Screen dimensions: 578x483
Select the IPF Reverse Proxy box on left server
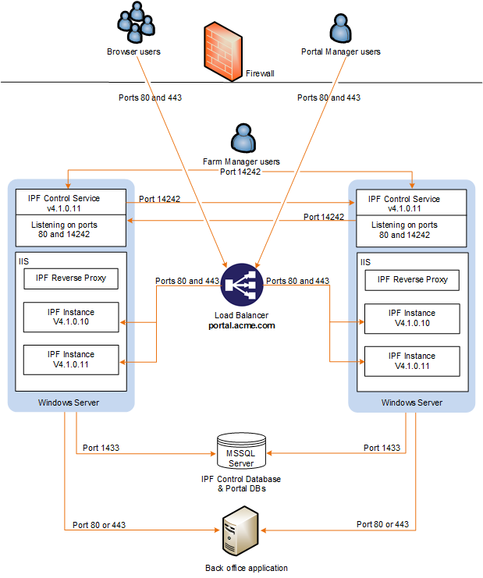tap(71, 278)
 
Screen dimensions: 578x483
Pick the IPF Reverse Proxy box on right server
tap(412, 279)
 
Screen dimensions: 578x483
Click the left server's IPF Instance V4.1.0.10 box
tap(71, 316)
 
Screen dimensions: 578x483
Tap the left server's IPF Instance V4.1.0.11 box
tap(71, 359)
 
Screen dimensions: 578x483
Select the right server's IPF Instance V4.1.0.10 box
tap(412, 317)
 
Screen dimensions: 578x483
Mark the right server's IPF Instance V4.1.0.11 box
tap(412, 360)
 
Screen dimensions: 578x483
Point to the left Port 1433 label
tap(101, 448)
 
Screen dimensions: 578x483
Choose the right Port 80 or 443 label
tap(382, 524)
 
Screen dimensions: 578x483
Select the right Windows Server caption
tap(411, 402)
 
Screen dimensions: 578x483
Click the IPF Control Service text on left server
tap(70, 198)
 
